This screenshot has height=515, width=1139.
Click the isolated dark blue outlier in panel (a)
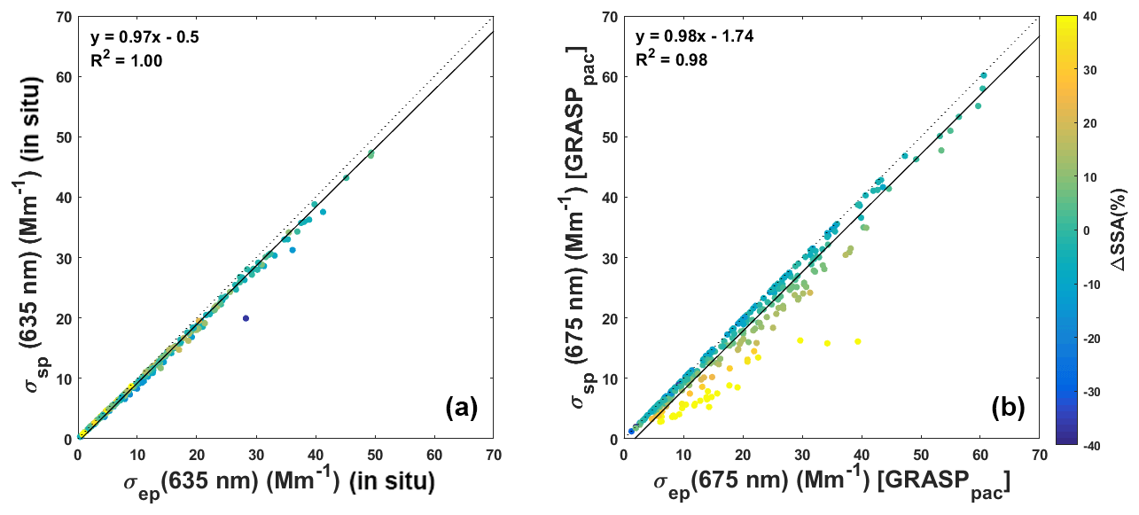pyautogui.click(x=246, y=318)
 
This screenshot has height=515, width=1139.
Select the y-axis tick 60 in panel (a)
pyautogui.click(x=62, y=76)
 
